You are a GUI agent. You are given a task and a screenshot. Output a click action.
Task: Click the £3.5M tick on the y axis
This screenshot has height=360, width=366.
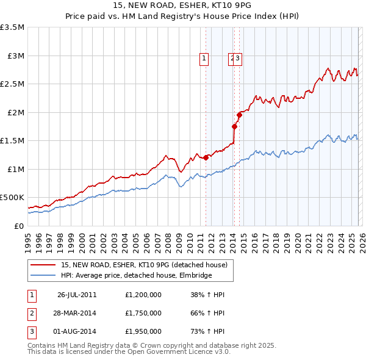(12, 27)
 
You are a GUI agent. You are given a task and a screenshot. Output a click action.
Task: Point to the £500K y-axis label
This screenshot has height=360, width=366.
(12, 198)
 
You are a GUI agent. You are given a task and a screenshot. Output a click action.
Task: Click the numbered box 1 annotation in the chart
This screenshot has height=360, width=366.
(203, 59)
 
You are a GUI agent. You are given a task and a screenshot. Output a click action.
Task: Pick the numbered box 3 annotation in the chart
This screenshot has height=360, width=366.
(238, 59)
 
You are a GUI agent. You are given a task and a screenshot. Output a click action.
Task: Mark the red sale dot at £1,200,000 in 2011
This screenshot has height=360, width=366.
(206, 157)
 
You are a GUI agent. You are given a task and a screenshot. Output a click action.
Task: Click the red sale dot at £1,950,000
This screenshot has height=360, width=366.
(240, 115)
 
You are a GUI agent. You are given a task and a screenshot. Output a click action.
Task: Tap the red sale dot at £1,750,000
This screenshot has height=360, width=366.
(234, 126)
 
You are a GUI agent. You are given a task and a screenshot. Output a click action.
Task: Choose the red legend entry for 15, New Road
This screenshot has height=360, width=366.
(144, 265)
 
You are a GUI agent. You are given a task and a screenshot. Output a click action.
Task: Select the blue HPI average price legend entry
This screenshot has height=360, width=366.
(136, 275)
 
